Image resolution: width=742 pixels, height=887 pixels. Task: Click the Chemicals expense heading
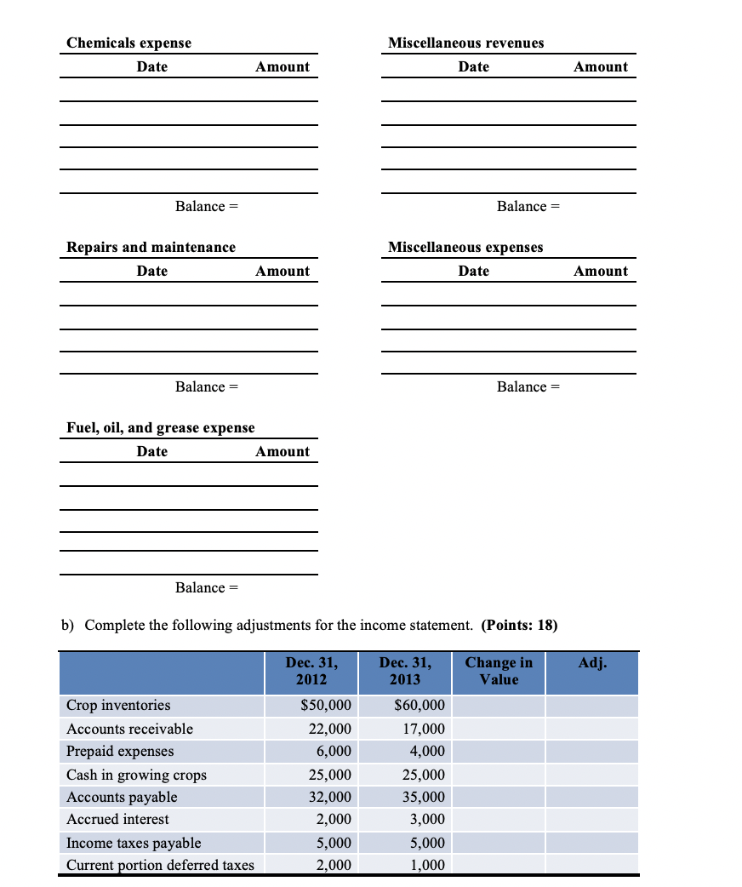(x=129, y=43)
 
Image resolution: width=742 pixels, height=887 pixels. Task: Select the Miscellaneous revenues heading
(x=465, y=43)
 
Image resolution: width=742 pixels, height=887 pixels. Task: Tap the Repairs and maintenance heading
(x=151, y=247)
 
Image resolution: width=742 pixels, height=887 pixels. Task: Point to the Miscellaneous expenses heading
(x=465, y=247)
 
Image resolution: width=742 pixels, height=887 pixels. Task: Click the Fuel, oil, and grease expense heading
(x=161, y=427)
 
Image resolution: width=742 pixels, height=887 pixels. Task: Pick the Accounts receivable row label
(x=130, y=729)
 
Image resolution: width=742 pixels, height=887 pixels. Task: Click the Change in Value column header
(x=499, y=671)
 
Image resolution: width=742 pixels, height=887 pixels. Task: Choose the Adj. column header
(x=592, y=662)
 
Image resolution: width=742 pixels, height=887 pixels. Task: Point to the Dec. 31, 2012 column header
(x=311, y=671)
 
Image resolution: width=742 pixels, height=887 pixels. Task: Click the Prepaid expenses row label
(x=120, y=751)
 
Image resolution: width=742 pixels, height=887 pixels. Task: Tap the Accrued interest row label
(x=117, y=819)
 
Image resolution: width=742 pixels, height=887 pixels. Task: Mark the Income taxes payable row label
(x=134, y=843)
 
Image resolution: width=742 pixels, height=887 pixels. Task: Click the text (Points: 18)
(x=519, y=625)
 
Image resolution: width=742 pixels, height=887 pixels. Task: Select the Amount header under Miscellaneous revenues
(x=601, y=66)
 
